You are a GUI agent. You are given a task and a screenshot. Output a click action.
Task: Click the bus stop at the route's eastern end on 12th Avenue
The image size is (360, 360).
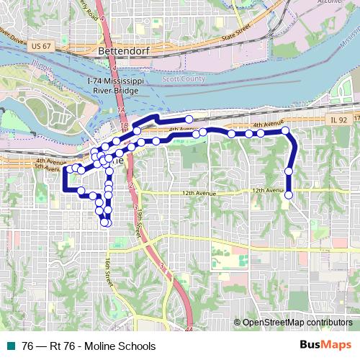click(289, 195)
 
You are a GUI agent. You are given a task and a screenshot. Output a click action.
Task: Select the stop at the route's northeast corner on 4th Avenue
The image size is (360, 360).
click(285, 130)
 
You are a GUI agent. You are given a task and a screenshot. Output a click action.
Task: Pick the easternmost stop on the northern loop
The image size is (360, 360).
click(189, 120)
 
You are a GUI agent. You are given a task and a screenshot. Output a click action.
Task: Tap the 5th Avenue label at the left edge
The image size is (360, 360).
click(46, 168)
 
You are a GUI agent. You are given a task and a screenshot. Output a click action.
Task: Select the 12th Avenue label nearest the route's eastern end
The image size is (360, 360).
click(266, 191)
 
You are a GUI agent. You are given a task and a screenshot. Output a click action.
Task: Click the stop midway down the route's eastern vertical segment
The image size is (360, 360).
click(289, 171)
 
